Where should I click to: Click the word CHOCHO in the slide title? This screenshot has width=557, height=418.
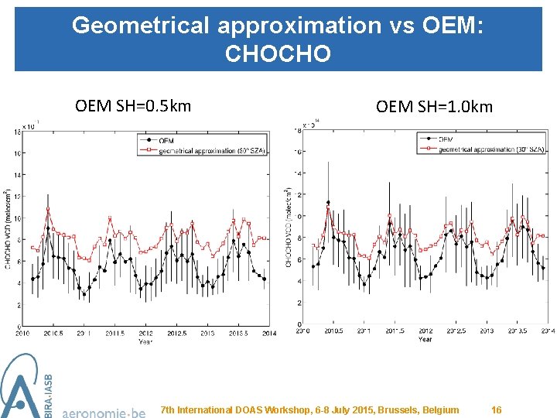point(278,53)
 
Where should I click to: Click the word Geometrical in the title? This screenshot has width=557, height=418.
point(141,26)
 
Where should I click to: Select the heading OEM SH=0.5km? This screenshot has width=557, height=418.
point(133,105)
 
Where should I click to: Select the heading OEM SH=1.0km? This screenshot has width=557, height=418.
point(434,107)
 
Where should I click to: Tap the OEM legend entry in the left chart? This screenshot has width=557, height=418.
point(166,140)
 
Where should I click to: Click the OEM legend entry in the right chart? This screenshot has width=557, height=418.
point(446,139)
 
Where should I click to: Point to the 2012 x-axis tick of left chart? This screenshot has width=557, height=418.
point(145,334)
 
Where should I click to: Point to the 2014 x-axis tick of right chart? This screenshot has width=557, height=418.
point(548,331)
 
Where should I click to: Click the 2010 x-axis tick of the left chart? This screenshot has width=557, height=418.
point(22,334)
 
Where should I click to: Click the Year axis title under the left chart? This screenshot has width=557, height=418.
point(145,341)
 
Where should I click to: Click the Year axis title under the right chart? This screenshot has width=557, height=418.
point(425,339)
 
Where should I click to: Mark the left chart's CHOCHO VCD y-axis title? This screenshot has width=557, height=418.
point(8,229)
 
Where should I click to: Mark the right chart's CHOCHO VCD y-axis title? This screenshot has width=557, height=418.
point(288,227)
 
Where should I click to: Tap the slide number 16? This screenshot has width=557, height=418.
point(497,409)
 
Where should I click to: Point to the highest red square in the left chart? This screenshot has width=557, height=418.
point(48,207)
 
